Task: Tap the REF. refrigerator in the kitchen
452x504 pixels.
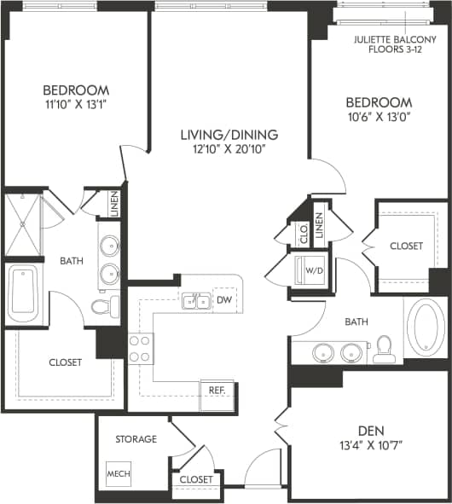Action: tap(217, 391)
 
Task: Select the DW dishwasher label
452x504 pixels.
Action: tap(224, 299)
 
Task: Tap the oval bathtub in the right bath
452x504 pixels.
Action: tap(424, 326)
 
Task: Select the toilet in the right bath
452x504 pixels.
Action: tap(384, 348)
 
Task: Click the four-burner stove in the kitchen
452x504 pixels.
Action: tap(140, 347)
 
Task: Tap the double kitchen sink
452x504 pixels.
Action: tap(195, 300)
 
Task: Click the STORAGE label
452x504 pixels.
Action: tap(136, 439)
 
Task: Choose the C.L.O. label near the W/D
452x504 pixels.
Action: tap(303, 230)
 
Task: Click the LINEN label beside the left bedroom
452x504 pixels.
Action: tap(114, 205)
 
